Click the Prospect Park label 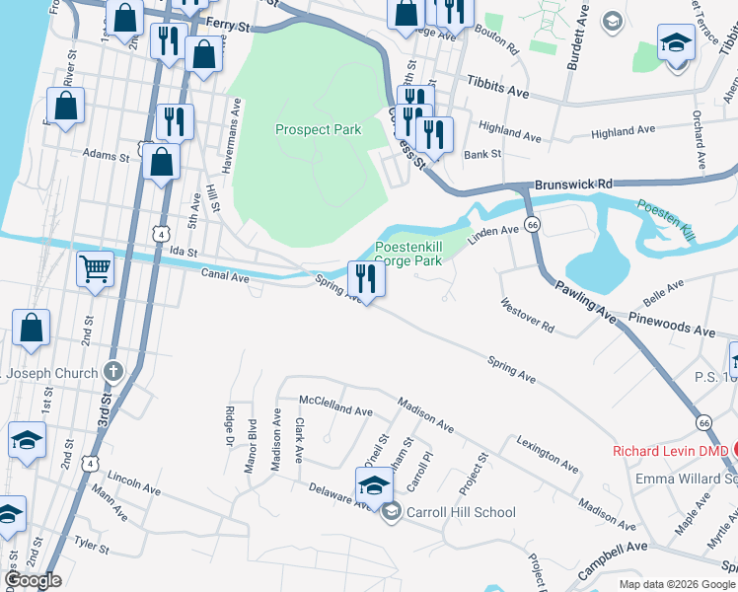(x=318, y=129)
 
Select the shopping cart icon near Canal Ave (x=95, y=267)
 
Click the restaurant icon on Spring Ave (x=366, y=278)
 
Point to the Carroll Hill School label (x=460, y=512)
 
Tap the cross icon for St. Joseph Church (x=113, y=373)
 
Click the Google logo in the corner (x=33, y=580)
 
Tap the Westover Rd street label (x=527, y=316)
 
